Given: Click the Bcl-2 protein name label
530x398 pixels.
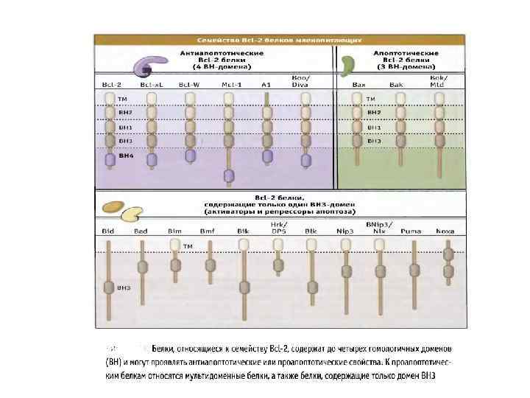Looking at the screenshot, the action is (111, 85).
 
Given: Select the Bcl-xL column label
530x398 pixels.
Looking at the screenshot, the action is (151, 85).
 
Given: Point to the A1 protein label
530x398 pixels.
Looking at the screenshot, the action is (266, 85).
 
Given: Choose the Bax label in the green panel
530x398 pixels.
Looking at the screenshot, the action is (359, 85).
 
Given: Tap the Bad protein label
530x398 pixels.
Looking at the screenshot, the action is (141, 231).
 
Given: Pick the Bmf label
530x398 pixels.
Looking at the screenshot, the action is (208, 231).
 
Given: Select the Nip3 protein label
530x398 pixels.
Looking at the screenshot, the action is (344, 231).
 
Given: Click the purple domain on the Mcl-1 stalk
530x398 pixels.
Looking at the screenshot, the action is (229, 175).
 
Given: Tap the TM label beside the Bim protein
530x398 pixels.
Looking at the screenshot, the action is (188, 245).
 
